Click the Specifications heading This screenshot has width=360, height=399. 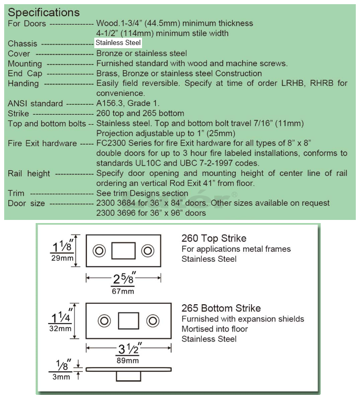click(x=44, y=13)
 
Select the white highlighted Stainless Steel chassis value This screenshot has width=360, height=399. click(x=118, y=43)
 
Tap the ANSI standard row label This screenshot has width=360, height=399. click(x=35, y=104)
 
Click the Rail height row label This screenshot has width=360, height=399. click(x=29, y=173)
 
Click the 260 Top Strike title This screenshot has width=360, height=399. click(x=214, y=238)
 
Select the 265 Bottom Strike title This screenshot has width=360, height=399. click(x=221, y=308)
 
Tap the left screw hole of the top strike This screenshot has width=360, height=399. click(x=99, y=251)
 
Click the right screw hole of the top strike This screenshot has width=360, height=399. click(x=148, y=251)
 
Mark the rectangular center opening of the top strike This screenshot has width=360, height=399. click(x=124, y=251)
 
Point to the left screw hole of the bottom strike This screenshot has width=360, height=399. click(x=104, y=320)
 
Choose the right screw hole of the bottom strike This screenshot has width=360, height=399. click(x=153, y=320)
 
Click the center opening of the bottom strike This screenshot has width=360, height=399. click(x=128, y=320)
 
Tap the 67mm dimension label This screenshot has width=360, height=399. click(x=123, y=291)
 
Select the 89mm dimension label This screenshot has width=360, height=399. click(x=128, y=361)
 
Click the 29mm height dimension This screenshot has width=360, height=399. click(x=62, y=258)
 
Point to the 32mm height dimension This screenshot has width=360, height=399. click(x=60, y=328)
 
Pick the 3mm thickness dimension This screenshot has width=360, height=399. click(x=61, y=377)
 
